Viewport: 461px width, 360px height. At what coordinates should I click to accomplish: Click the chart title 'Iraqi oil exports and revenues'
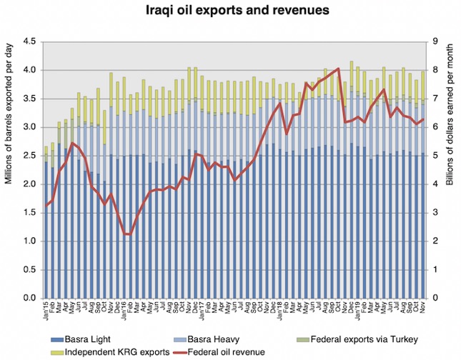click(x=230, y=12)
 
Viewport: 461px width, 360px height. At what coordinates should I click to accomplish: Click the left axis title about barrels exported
click(x=10, y=169)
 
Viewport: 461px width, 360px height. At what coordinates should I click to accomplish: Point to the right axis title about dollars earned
click(x=450, y=169)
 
